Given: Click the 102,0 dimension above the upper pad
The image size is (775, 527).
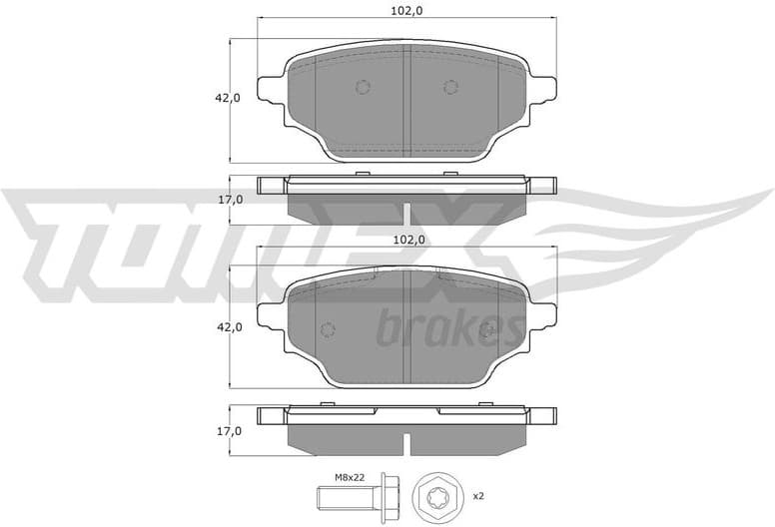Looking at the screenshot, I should (405, 11).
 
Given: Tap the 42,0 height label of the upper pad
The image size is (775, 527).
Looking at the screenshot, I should (229, 98).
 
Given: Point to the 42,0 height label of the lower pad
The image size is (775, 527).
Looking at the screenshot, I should (229, 326).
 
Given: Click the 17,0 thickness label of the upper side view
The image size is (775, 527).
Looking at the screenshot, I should (231, 200).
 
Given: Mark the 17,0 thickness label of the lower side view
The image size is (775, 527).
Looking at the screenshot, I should (231, 431).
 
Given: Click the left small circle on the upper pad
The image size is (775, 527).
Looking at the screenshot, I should (363, 86).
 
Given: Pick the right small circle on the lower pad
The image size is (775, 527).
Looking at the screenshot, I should (488, 330).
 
